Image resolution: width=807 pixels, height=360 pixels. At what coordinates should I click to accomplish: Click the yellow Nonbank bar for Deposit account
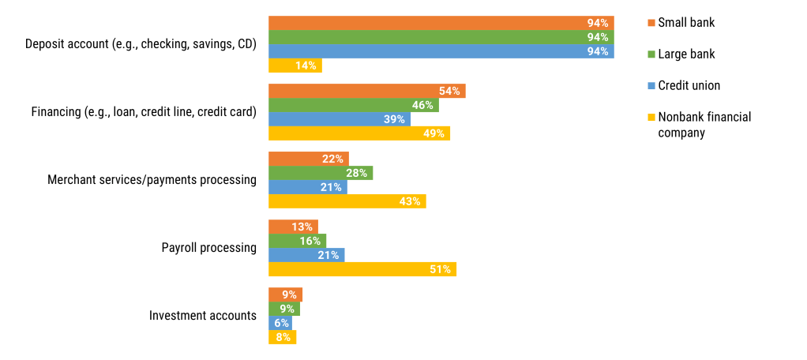pos(294,66)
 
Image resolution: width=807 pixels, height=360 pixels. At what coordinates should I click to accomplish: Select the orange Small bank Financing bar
pos(366,91)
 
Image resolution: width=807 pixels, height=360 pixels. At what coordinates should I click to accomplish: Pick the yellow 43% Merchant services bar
pos(347,201)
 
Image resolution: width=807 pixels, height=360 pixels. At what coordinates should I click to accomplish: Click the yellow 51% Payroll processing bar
pos(362,269)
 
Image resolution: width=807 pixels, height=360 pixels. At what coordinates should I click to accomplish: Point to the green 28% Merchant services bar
pos(321,173)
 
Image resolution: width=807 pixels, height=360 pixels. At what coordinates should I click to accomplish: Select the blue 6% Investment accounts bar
pos(280,323)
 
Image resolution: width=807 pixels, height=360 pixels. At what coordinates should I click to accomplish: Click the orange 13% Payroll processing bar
pos(293,227)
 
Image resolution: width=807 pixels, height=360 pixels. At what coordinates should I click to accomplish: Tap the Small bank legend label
pos(686,23)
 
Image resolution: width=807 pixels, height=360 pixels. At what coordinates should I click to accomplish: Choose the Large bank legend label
pos(686,54)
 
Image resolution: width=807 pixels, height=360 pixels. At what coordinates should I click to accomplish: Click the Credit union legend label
pos(689,85)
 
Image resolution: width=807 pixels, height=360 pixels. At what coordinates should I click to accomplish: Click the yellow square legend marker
pos(651,117)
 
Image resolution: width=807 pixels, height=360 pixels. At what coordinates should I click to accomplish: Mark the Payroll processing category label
pos(208,247)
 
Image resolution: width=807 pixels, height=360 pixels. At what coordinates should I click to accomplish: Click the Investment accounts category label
pos(202,316)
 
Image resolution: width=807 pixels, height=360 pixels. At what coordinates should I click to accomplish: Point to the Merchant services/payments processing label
pos(152,179)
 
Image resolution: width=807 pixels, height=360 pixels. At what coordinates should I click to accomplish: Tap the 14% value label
pos(306,66)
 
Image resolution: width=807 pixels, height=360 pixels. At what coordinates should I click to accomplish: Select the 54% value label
pos(449,91)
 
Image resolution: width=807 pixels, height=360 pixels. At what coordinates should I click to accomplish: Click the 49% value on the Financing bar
pos(434,133)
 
